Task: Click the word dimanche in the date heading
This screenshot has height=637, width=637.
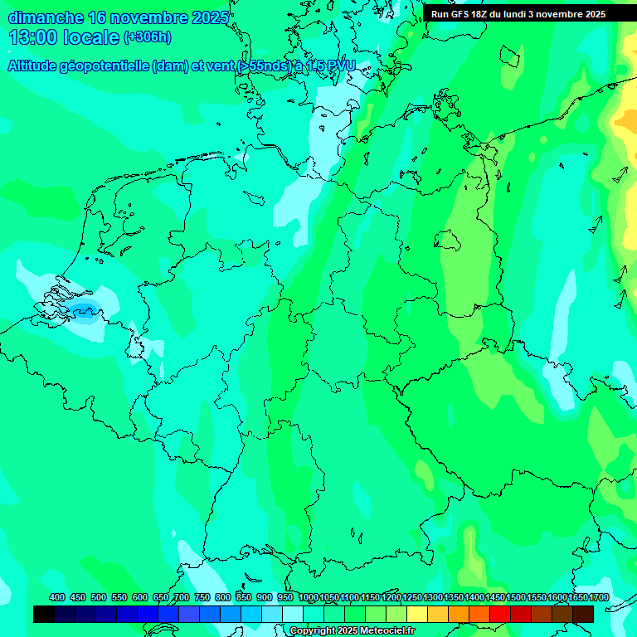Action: (46, 18)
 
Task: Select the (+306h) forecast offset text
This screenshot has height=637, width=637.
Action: (148, 37)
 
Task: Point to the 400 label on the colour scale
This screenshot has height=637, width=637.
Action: (57, 598)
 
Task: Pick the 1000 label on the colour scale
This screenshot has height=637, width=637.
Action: (309, 598)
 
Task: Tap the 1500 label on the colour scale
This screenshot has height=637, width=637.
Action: (494, 598)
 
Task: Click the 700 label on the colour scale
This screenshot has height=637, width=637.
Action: (182, 598)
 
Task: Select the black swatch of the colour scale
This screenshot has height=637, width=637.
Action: (44, 614)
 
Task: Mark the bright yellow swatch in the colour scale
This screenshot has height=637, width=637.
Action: (417, 614)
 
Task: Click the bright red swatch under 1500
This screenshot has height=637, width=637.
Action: (500, 614)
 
